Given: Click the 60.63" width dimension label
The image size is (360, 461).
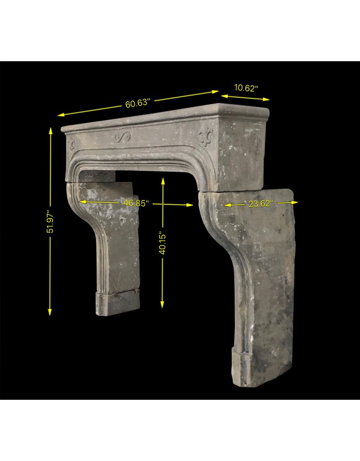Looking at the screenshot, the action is pyautogui.click(x=138, y=104).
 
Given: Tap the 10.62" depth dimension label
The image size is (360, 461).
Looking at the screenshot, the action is pyautogui.click(x=246, y=88).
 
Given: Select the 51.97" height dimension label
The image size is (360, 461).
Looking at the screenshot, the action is pyautogui.click(x=50, y=221).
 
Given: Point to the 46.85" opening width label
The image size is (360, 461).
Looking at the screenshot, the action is pyautogui.click(x=136, y=203).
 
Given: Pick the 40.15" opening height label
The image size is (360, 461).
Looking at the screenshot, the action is pyautogui.click(x=162, y=243).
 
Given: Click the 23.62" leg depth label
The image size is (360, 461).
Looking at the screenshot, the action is pyautogui.click(x=261, y=203).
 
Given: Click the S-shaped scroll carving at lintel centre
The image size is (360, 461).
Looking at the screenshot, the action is pyautogui.click(x=122, y=136).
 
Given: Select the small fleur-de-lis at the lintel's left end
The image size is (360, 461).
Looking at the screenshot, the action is pyautogui.click(x=72, y=143).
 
